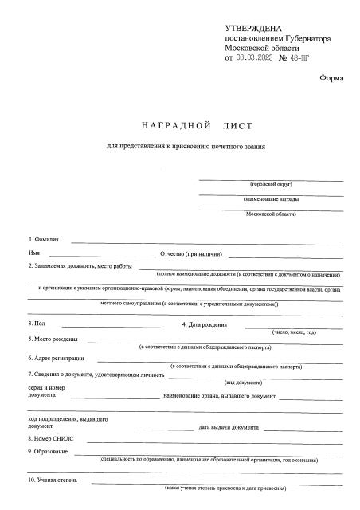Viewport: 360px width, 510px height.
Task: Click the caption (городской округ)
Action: (271, 183)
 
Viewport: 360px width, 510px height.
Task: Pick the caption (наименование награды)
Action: (271, 198)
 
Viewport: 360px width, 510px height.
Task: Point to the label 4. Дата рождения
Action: (205, 324)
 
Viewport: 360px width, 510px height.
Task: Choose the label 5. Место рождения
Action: (53, 339)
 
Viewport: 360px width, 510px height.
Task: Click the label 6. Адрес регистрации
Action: (57, 359)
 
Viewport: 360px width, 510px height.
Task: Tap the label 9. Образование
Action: (48, 452)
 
